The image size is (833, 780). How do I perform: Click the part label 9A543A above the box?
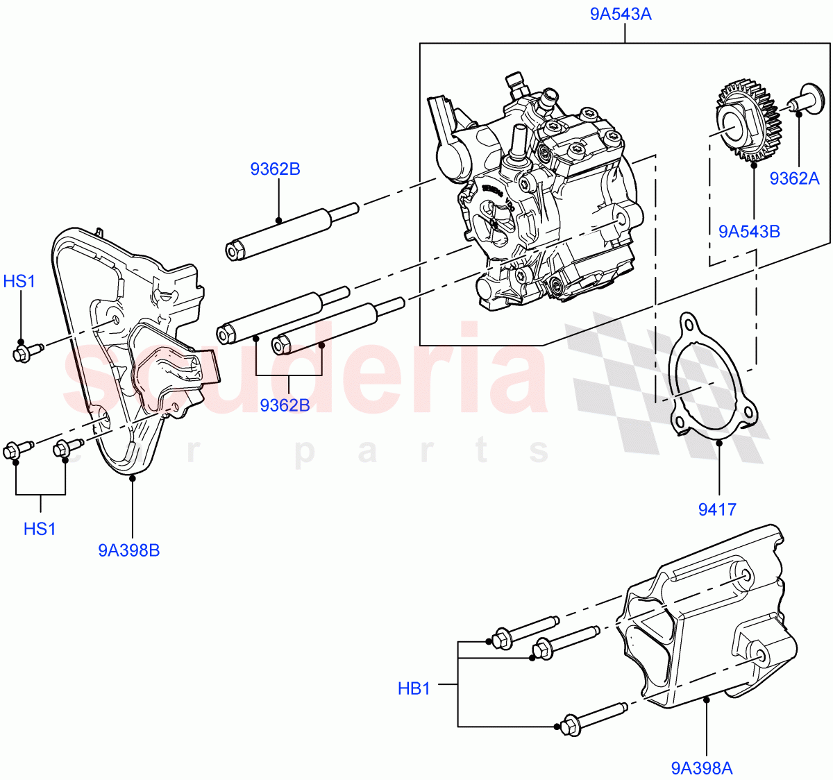[x=621, y=14]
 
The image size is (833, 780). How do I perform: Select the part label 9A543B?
[x=749, y=231]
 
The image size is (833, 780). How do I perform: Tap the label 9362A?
[x=794, y=178]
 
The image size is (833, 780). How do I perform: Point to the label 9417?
[x=717, y=509]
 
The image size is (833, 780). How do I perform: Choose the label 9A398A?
[x=702, y=768]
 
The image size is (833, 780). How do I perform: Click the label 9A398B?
[x=129, y=550]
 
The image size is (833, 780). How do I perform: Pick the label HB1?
[x=414, y=688]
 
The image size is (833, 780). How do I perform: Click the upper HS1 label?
[x=19, y=281]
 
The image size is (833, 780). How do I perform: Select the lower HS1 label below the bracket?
[x=40, y=529]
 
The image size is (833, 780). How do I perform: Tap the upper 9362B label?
[x=275, y=169]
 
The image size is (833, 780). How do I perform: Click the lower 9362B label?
[x=285, y=405]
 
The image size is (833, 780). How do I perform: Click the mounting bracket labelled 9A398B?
[x=132, y=347]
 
